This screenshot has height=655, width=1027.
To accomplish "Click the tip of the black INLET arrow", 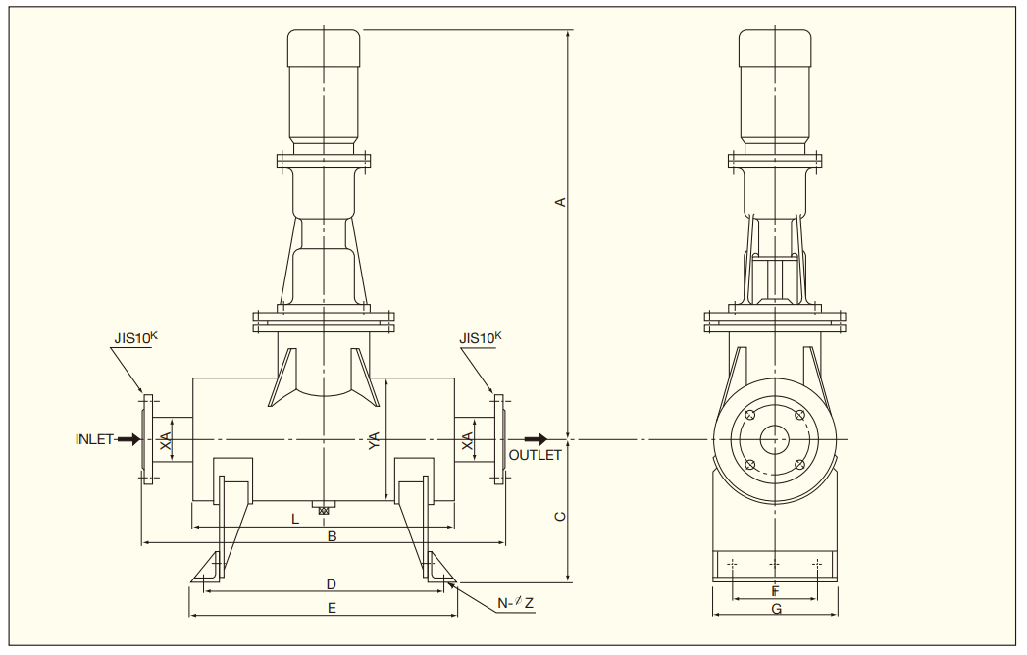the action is coord(141,439).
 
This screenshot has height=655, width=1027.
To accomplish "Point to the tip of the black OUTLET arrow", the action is coord(548,439).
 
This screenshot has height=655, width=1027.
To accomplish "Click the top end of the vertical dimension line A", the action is coord(568,30).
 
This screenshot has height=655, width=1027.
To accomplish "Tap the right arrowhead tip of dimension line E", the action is coord(458,616).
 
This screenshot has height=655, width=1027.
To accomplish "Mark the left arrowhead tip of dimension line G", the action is coord(712,615).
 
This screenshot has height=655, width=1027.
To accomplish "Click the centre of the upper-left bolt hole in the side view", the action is coord(750,415).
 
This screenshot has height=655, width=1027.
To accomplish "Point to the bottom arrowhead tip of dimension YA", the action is coord(385,500).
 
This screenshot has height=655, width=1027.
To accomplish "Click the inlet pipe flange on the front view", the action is coord(149,439).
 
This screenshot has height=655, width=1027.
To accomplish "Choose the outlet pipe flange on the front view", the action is coord(499,439).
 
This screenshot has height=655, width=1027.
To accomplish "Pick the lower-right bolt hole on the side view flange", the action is coord(799,465).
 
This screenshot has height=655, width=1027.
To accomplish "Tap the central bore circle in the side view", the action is coord(775,439).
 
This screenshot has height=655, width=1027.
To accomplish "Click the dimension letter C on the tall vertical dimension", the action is coord(560,517).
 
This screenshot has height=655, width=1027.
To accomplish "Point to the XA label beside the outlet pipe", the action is coord(468,440).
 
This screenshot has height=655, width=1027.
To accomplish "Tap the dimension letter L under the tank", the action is coord(295,520).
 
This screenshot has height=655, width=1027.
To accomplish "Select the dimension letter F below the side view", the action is coord(776,592).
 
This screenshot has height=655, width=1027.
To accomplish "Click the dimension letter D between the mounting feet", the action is coord(332,584).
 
